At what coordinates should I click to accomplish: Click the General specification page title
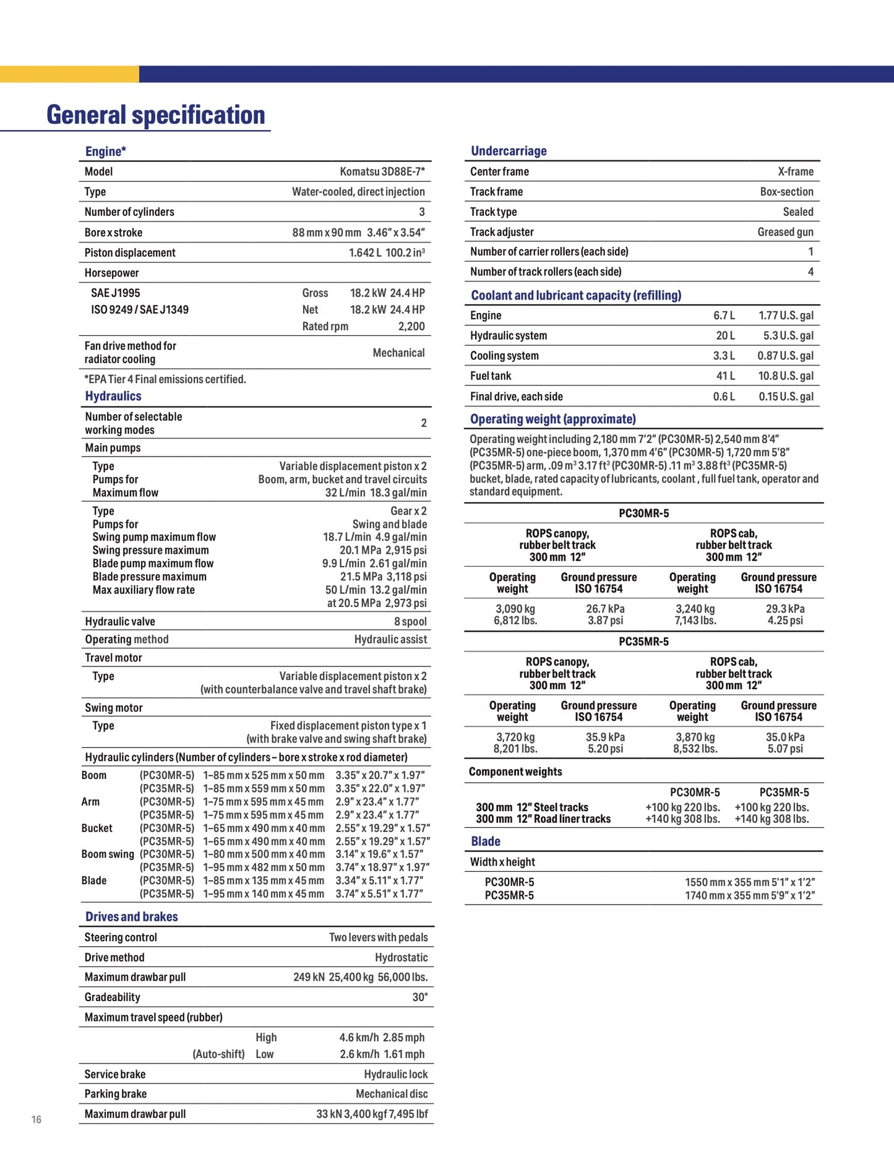156,115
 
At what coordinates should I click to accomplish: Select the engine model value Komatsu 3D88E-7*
382,171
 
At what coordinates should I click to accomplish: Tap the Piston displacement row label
130,252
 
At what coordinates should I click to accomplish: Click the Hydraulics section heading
113,396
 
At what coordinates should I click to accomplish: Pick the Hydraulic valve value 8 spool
410,621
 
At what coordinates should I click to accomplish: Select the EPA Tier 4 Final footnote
165,379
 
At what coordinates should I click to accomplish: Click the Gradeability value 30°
420,997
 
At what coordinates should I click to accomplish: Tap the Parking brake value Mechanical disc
392,1094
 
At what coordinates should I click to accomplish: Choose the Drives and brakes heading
131,916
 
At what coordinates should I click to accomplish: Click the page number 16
37,1119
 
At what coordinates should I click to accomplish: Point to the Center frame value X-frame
796,171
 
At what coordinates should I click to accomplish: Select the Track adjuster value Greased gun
785,232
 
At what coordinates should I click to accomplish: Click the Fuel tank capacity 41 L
726,376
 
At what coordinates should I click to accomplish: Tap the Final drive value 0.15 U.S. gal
786,397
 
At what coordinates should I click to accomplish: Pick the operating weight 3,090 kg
515,609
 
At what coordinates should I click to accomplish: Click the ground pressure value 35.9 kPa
605,737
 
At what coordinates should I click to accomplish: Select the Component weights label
515,772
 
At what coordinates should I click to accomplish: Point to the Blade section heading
486,841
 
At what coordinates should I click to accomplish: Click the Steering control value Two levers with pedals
378,937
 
